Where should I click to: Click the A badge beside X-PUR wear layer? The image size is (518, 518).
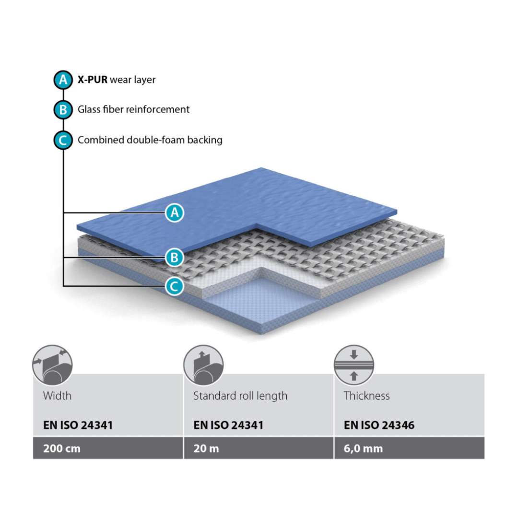63,80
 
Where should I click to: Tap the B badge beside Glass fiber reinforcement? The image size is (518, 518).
63,110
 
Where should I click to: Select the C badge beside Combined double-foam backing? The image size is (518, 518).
63,140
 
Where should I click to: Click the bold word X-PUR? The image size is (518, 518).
93,80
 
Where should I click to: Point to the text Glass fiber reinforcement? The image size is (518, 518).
133,109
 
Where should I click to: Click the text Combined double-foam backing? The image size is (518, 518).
150,140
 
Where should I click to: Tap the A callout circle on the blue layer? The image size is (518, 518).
175,212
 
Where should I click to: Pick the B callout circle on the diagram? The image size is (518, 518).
175,258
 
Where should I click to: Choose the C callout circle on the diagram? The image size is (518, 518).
175,287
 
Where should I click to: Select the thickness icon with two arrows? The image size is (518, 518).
353,365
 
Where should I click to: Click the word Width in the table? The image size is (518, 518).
57,396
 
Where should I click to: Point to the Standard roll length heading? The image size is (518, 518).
240,396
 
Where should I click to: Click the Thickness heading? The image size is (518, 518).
366,396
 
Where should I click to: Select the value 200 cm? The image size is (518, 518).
62,449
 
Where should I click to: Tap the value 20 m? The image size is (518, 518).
206,449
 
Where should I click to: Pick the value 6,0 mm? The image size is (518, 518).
363,449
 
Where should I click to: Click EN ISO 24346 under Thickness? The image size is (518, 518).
379,425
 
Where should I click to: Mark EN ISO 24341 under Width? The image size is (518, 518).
78,425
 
